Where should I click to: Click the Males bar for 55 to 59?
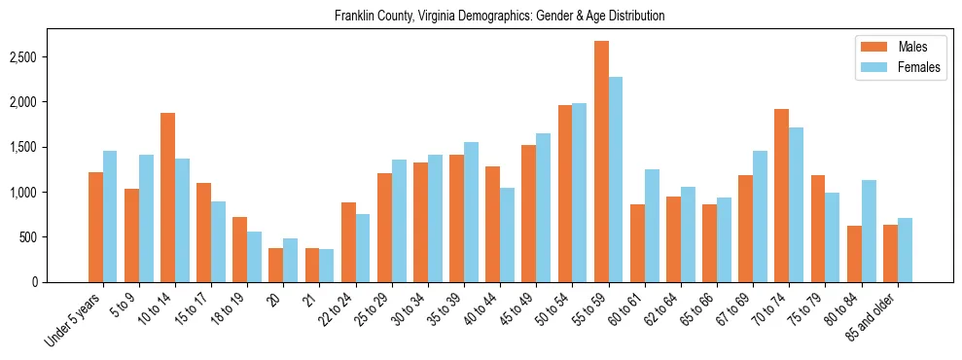pos(601,162)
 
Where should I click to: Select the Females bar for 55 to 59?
pos(616,179)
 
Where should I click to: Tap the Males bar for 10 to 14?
pos(167,198)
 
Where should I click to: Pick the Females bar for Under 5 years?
pos(110,216)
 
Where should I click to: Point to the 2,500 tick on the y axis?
pos(49,57)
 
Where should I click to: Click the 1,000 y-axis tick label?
pos(49,193)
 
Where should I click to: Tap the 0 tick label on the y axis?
pos(60,282)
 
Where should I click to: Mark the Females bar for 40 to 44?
pos(507,234)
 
